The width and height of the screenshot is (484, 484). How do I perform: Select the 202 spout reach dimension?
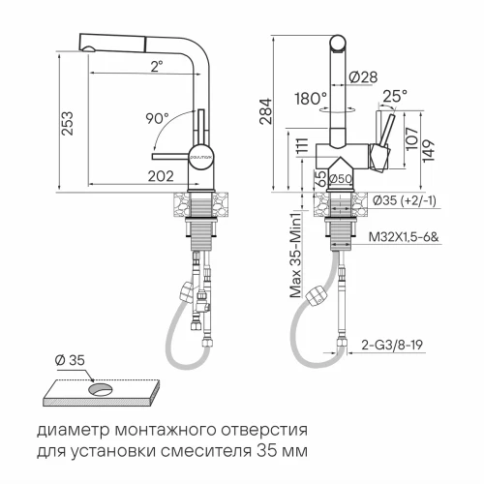tap(161, 175)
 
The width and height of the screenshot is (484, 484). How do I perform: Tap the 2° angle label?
tap(155, 67)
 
